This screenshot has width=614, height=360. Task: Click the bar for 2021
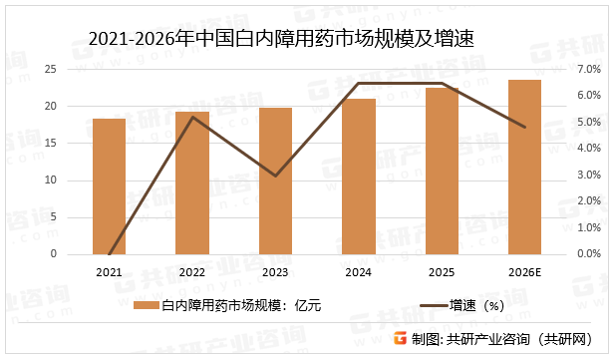click(x=110, y=186)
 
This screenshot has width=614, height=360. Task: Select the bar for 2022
click(x=192, y=183)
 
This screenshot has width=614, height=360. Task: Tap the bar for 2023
click(x=276, y=181)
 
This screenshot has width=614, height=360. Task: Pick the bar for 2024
click(x=359, y=177)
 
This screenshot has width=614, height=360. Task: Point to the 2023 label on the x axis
click(x=276, y=272)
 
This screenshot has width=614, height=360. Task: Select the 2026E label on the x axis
click(x=524, y=272)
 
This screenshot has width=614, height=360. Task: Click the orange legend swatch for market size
click(x=147, y=304)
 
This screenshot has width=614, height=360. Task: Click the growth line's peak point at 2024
click(x=359, y=84)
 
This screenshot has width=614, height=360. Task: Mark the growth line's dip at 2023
click(x=276, y=176)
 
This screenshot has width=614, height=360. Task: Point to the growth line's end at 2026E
click(x=524, y=127)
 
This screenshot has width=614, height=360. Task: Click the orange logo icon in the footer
click(x=399, y=339)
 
